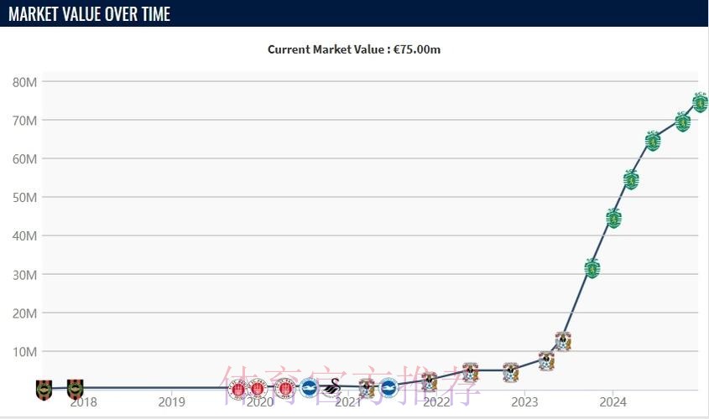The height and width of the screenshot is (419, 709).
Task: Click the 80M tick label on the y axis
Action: [x=24, y=82]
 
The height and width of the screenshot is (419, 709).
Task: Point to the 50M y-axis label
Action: [x=24, y=198]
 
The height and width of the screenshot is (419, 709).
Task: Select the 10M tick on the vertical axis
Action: [x=24, y=352]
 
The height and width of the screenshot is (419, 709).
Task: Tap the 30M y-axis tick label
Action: [x=24, y=275]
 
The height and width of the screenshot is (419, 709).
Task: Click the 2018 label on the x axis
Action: [x=84, y=402]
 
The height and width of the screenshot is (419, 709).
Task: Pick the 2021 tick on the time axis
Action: [x=348, y=402]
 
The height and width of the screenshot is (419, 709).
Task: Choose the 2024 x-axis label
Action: [x=613, y=402]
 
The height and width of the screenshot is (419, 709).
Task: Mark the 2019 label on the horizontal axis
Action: [x=172, y=402]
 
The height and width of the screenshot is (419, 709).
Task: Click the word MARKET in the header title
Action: [x=38, y=13]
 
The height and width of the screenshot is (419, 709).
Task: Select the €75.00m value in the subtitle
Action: [x=417, y=49]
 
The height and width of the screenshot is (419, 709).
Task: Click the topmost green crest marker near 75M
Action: [x=701, y=102]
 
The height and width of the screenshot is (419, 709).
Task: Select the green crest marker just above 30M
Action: [x=592, y=268]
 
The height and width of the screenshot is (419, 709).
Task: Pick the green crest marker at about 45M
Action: [x=613, y=219]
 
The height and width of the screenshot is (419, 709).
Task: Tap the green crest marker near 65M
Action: [x=653, y=141]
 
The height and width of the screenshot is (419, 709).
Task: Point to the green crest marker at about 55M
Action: [x=632, y=178]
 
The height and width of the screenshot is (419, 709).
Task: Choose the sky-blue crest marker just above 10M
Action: [x=563, y=341]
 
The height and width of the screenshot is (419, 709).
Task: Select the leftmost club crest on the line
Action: [x=44, y=388]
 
